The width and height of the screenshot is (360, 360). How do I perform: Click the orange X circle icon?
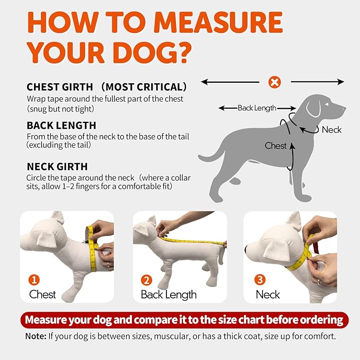pyautogui.click(x=275, y=82)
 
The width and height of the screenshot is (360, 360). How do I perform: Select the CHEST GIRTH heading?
pyautogui.click(x=60, y=86)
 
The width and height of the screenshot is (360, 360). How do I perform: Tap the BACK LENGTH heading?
pyautogui.click(x=61, y=126)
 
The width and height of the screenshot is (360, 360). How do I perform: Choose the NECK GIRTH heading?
pyautogui.click(x=57, y=166)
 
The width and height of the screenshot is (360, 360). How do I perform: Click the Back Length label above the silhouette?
pyautogui.click(x=257, y=108)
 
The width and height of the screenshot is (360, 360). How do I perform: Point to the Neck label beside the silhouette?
pyautogui.click(x=331, y=129)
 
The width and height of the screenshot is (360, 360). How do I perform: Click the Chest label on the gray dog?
pyautogui.click(x=275, y=145)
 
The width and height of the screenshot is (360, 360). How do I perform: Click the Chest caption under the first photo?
pyautogui.click(x=42, y=294)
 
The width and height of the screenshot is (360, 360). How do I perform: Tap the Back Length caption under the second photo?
pyautogui.click(x=169, y=294)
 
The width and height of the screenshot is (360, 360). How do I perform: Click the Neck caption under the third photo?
pyautogui.click(x=268, y=294)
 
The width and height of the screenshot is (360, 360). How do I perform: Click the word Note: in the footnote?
pyautogui.click(x=37, y=337)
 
